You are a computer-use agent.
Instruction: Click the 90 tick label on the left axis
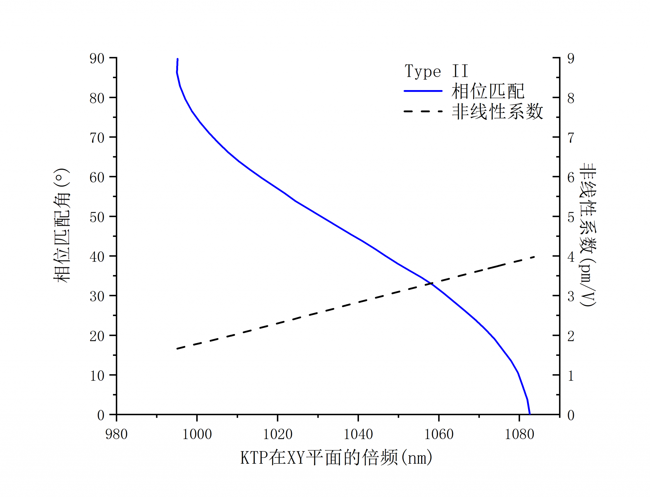(x=97, y=58)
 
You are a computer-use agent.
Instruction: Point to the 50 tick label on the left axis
(x=97, y=217)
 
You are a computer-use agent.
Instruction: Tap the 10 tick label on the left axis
(x=97, y=376)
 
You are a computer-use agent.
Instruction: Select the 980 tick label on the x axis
(x=116, y=434)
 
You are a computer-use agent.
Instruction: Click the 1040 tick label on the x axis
(x=358, y=434)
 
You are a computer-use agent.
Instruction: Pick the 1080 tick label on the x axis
(x=519, y=434)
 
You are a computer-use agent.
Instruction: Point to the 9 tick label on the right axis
(x=571, y=58)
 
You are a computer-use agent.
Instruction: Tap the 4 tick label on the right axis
(x=571, y=257)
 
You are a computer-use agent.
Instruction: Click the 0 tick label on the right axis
(x=571, y=415)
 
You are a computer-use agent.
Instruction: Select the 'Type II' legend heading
(x=436, y=71)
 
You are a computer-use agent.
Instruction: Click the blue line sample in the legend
(x=423, y=91)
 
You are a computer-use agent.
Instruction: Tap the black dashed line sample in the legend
(x=423, y=111)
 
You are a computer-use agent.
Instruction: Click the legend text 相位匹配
(x=488, y=91)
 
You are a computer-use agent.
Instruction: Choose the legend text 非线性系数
(x=497, y=112)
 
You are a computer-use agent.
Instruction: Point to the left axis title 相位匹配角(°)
(x=62, y=226)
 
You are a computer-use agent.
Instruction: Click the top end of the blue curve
(x=177, y=59)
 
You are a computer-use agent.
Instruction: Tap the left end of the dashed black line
(x=177, y=349)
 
